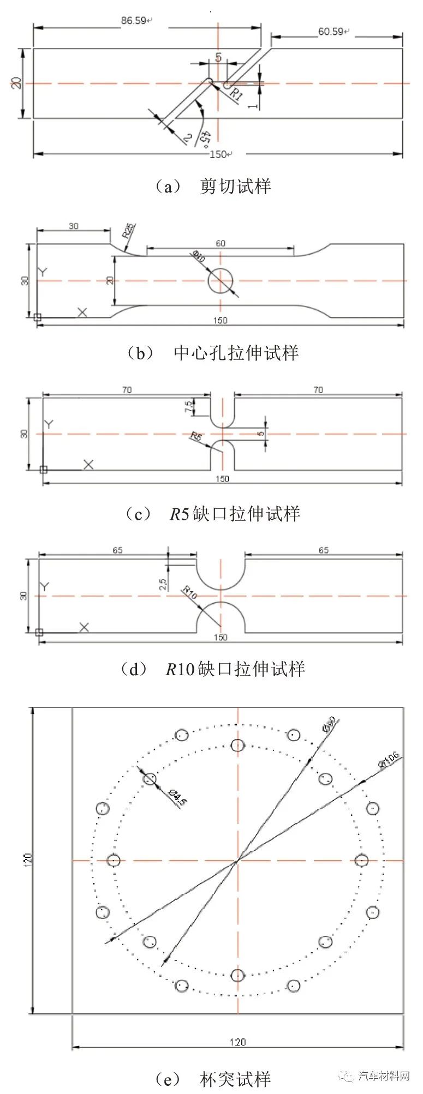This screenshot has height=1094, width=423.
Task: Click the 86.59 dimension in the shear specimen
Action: tap(134, 21)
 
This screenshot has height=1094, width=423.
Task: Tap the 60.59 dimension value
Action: tap(331, 31)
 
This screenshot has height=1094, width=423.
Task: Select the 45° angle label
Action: tap(205, 139)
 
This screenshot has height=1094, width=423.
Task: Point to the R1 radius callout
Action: tap(236, 93)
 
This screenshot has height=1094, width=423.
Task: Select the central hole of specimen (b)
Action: tap(221, 280)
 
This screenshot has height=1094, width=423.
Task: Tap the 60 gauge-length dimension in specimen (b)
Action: tap(221, 243)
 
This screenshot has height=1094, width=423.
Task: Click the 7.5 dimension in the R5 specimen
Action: tap(189, 406)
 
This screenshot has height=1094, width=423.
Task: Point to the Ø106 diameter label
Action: tap(388, 762)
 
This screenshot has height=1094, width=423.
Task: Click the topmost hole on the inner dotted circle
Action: tap(237, 745)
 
